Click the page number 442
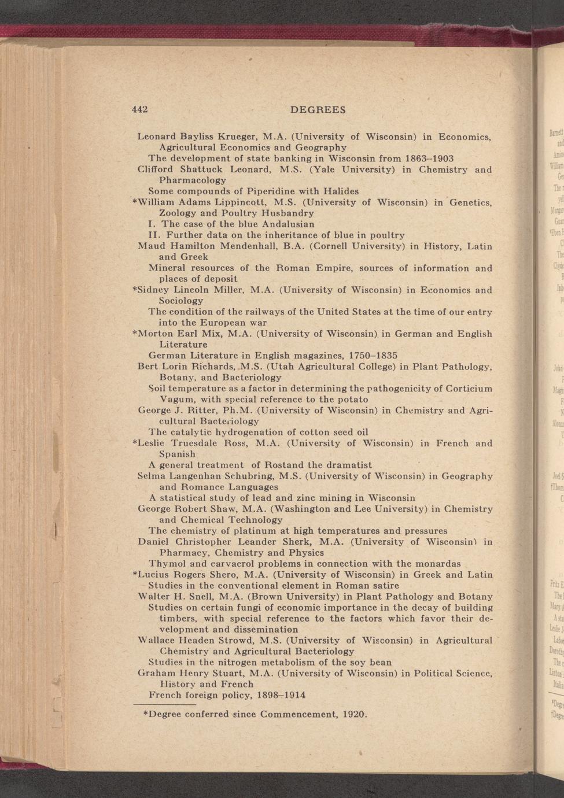(x=140, y=109)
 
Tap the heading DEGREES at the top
(x=318, y=109)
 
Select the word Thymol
(x=167, y=563)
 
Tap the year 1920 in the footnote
(x=355, y=714)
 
